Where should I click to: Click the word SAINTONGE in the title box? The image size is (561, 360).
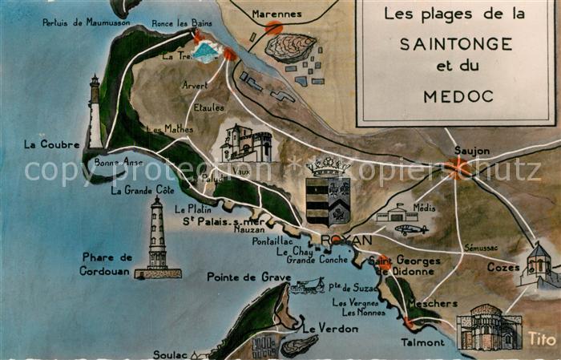click(x=455, y=42)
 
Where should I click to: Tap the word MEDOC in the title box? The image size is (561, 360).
click(x=455, y=96)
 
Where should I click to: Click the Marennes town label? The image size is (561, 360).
click(x=276, y=14)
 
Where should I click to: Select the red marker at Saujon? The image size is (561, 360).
click(x=458, y=168)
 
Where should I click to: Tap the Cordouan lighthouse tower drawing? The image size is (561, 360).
click(x=157, y=238)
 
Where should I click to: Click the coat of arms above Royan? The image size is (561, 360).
click(x=328, y=192)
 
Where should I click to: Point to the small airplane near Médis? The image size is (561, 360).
click(x=411, y=229)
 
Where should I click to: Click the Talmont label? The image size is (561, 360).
click(x=422, y=342)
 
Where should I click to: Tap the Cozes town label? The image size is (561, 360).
click(x=503, y=267)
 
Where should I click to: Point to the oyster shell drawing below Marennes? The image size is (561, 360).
click(x=290, y=47)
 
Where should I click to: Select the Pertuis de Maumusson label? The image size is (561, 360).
click(x=86, y=22)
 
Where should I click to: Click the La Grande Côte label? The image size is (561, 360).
click(x=143, y=190)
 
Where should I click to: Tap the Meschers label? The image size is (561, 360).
click(x=432, y=304)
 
